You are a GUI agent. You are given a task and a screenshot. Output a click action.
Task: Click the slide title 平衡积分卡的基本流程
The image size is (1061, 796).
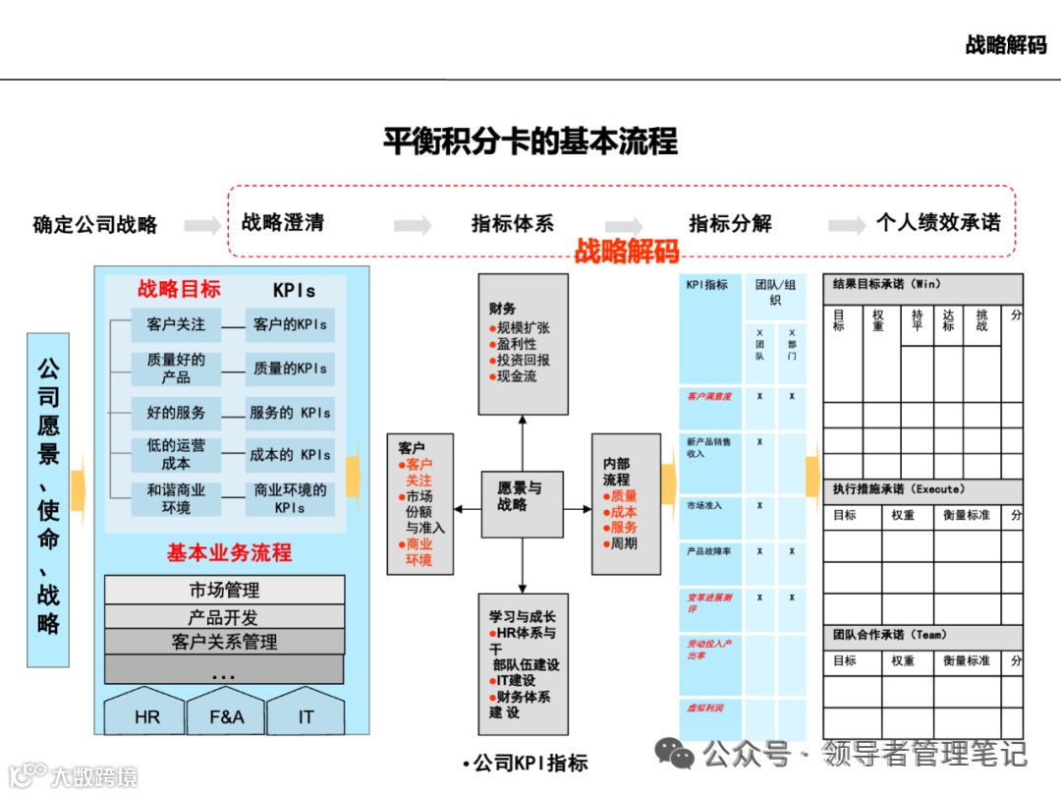[x=530, y=142]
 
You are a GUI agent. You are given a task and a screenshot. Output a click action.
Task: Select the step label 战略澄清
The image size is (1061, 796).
[x=283, y=223]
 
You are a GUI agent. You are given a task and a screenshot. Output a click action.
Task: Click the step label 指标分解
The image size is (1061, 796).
[x=730, y=224]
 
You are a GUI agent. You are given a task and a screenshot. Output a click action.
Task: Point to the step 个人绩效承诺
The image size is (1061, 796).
[x=938, y=223]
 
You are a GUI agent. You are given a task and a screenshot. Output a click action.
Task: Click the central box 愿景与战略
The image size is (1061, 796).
[x=521, y=496]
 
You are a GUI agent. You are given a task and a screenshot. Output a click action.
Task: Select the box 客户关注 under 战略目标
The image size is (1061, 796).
[x=176, y=324]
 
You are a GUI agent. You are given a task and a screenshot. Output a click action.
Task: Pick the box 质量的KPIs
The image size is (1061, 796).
[x=290, y=369]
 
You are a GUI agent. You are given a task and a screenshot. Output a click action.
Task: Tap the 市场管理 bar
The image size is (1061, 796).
[x=224, y=591]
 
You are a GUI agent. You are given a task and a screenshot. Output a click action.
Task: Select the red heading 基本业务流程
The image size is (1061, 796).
[x=229, y=552]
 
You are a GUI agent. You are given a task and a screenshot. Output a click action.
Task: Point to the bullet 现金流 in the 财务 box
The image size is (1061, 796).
[x=517, y=376]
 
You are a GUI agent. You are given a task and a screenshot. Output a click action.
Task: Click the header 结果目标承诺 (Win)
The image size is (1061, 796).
[x=887, y=285]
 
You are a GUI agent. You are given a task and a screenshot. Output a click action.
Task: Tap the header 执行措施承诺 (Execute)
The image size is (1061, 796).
[x=899, y=489]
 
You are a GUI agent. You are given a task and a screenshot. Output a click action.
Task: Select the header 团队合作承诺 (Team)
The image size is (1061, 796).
[x=890, y=635]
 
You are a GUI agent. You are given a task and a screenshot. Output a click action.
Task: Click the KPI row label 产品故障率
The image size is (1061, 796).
[x=709, y=551]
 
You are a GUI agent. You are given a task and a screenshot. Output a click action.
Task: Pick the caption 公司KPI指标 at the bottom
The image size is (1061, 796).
[x=526, y=763]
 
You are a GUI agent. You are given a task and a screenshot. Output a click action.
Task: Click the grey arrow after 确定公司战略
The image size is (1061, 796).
[x=202, y=225]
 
